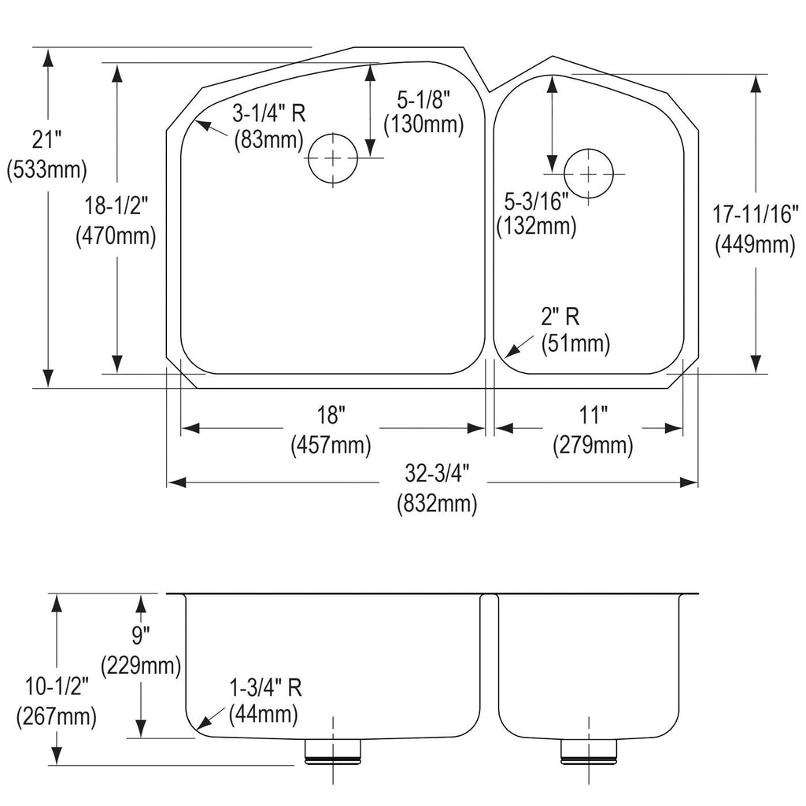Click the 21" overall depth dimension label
pos(46,139)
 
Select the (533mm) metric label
pos(46,170)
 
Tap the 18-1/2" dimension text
pos(116,206)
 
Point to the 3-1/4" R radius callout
pos(269,113)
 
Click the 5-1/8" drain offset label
pos(423,99)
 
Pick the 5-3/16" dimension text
pos(536,201)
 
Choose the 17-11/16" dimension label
pos(755,214)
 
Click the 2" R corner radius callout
pos(560,316)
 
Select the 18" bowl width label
pos(331,415)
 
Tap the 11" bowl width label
pos(593,415)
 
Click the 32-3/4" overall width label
pos(438,473)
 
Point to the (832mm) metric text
pos(438,503)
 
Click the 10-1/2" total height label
pos(57,686)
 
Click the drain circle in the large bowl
pos(333,157)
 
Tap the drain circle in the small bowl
pos(589,174)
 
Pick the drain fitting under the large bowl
pos(333,752)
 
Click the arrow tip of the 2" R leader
pos(505,357)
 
